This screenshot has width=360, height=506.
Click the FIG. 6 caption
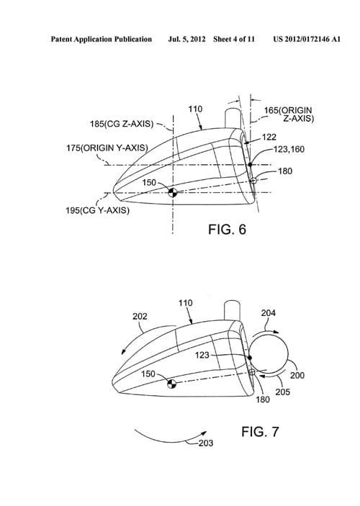(227, 230)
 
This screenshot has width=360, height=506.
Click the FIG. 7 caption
(260, 432)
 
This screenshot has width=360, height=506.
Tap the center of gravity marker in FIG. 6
(173, 193)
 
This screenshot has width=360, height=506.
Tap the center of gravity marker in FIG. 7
(172, 384)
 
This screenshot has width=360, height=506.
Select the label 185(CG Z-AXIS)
(122, 124)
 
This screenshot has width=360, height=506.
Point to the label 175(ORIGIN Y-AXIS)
(107, 148)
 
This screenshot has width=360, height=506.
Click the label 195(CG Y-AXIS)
(97, 210)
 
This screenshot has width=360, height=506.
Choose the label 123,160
(289, 149)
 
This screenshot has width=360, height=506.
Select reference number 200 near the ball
(297, 375)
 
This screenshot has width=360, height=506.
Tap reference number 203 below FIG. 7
(206, 443)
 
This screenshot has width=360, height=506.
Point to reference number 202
(140, 317)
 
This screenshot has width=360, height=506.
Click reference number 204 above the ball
(269, 312)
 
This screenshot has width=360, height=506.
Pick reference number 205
(283, 392)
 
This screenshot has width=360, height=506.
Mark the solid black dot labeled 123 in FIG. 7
(250, 358)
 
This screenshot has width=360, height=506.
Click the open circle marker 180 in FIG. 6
(253, 181)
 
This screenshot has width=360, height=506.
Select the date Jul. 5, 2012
(186, 40)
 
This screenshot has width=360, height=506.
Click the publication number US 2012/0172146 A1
(307, 40)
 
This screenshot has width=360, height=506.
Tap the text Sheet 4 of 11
(234, 40)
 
